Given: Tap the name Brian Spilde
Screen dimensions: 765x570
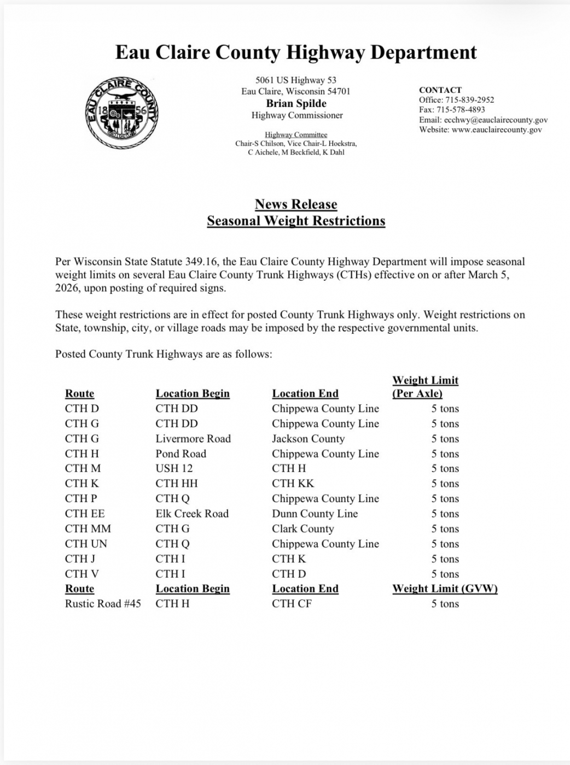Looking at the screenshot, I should click(x=296, y=103).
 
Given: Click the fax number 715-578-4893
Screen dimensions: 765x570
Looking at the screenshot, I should click(x=461, y=109).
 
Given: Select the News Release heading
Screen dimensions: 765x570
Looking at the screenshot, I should click(x=296, y=204).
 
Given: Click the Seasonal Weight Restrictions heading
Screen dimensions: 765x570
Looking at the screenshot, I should click(x=296, y=221).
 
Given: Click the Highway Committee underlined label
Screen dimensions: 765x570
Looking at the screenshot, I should click(x=296, y=134).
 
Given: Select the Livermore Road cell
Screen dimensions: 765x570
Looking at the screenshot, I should click(x=193, y=438).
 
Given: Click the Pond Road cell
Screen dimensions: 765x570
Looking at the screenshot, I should click(x=181, y=454).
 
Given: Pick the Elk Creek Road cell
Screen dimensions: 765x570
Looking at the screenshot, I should click(x=192, y=514).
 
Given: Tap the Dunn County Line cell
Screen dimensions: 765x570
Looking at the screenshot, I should click(x=315, y=514).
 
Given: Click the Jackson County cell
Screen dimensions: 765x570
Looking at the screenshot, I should click(x=308, y=438).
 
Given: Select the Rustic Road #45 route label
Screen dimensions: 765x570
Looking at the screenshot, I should click(x=103, y=604).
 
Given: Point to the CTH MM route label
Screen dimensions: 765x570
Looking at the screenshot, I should click(x=88, y=528).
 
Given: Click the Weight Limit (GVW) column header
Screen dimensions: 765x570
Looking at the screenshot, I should click(x=445, y=589).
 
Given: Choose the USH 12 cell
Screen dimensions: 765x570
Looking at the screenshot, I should click(x=174, y=468).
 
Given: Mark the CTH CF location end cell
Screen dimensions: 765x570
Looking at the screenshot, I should click(x=292, y=604).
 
